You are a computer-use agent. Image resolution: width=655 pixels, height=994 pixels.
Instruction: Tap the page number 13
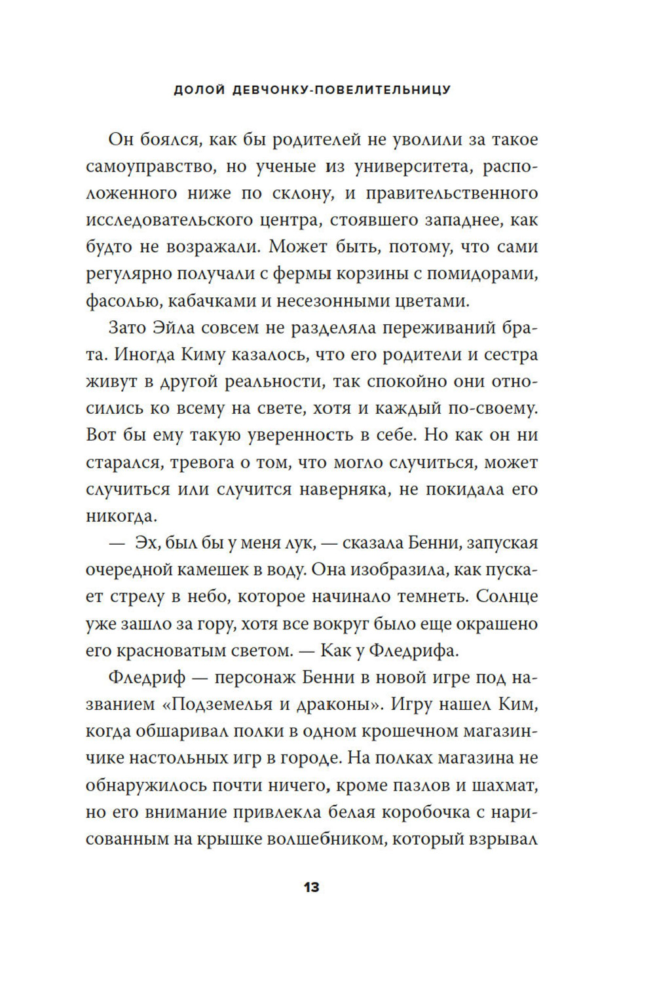point(312,888)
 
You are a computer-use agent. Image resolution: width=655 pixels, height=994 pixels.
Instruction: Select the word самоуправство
point(149,166)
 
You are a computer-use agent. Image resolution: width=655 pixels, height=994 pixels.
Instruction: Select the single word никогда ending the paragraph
point(121,515)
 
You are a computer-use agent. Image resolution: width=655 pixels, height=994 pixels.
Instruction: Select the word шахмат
point(502,784)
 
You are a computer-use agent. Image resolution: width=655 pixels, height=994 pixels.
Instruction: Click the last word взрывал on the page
point(502,839)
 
